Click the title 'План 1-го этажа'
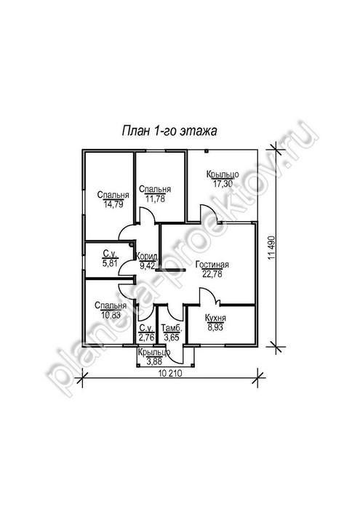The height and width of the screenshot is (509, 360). (169, 131)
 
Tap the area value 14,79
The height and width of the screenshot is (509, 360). (113, 204)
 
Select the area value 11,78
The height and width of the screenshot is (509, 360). (155, 199)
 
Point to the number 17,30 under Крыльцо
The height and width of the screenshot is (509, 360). (223, 184)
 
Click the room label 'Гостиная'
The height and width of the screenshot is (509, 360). (212, 265)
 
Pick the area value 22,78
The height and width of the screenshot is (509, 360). (212, 274)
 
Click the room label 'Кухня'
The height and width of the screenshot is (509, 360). (215, 318)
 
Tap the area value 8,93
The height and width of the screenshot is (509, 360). (215, 327)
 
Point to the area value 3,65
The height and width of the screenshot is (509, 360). (172, 337)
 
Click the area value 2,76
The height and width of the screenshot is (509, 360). (147, 337)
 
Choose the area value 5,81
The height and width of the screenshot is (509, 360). (110, 263)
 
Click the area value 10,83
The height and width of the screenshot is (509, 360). (111, 315)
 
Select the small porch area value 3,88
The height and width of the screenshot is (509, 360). (154, 361)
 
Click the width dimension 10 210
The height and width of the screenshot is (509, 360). (170, 373)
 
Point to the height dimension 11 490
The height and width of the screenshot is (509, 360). (272, 247)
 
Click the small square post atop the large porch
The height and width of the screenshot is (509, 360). (206, 151)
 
